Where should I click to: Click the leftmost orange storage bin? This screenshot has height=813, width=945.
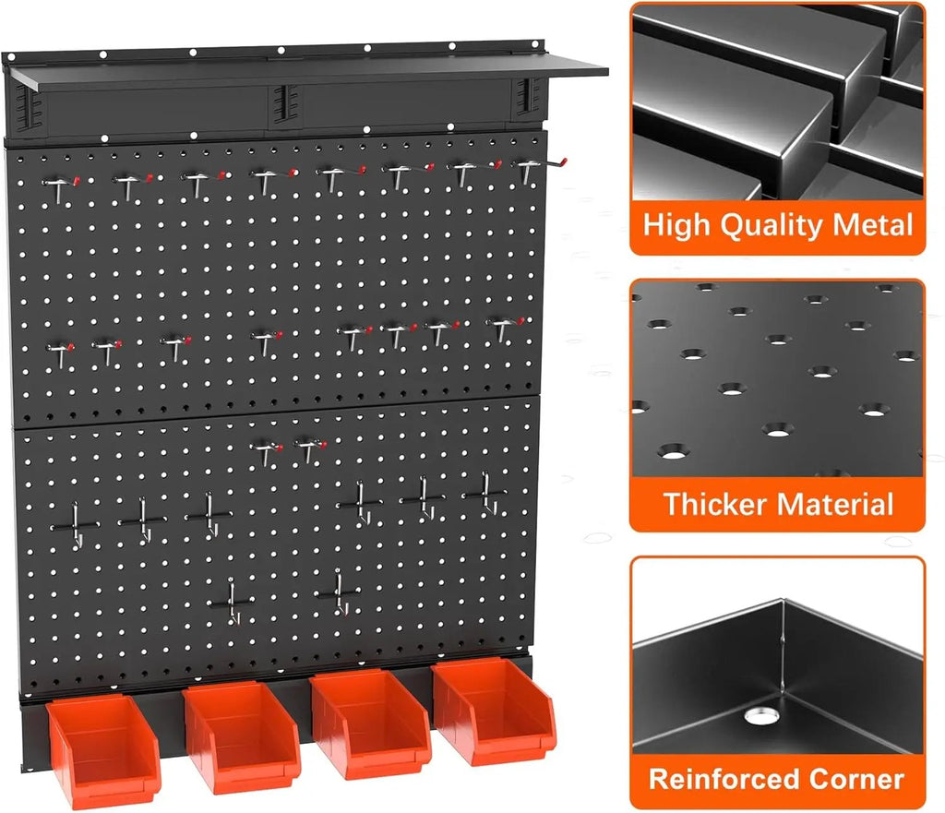103,750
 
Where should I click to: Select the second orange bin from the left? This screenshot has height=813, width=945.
241,737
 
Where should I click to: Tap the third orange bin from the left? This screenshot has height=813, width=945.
369,723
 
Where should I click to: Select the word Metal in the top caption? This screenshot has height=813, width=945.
873,225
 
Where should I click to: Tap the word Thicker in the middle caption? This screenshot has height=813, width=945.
714,504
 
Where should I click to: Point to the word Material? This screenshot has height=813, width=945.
834,504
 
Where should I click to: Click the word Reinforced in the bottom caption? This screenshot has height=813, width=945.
724,779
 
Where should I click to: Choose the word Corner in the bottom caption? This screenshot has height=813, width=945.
856,779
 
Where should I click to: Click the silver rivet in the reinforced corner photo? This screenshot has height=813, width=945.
761,716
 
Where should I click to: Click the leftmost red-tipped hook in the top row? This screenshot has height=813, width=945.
60,186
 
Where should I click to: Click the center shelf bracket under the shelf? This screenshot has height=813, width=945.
284,103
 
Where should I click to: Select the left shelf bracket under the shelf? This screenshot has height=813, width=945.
28,108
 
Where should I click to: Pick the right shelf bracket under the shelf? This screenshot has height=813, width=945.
528,98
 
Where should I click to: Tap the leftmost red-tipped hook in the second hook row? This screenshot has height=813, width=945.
60,353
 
